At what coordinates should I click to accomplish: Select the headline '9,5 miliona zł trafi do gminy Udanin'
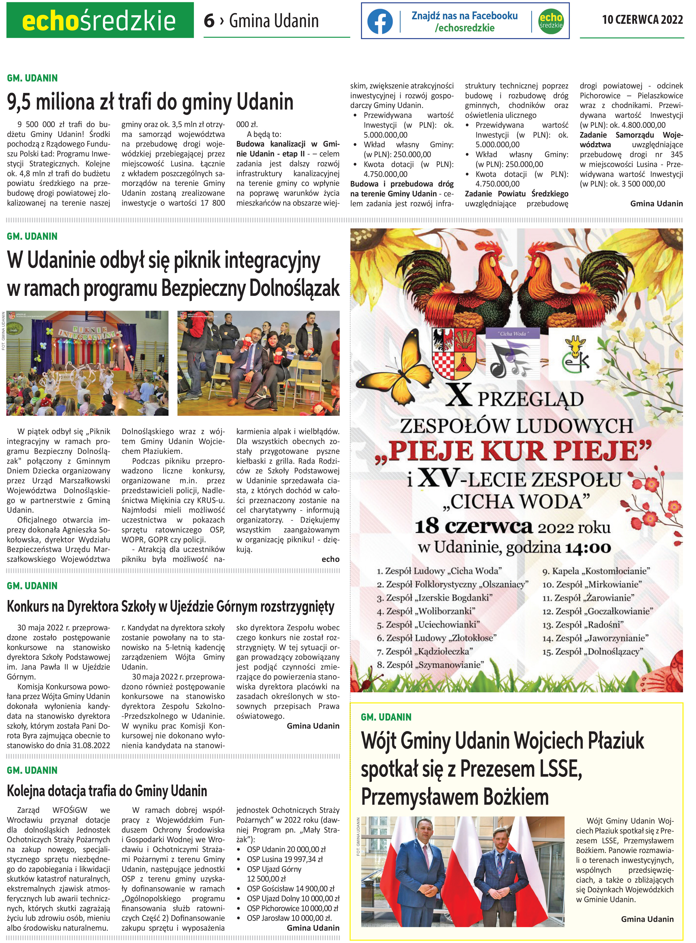point(150,102)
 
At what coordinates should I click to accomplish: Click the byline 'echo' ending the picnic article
point(330,559)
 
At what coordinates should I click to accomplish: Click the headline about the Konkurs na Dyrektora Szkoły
point(171,607)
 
